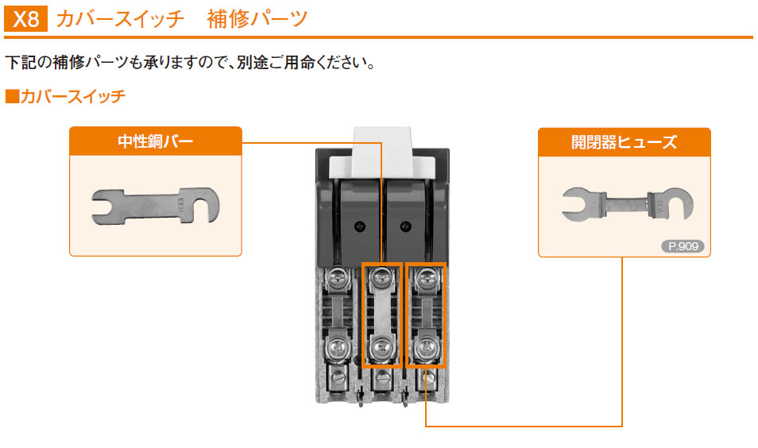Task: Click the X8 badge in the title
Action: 26,19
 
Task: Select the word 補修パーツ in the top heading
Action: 257,19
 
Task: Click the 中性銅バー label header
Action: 156,142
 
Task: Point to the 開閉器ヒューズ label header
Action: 624,142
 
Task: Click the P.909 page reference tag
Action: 683,246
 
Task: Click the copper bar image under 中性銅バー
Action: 155,206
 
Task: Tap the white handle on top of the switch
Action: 381,151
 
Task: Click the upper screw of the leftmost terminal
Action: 338,277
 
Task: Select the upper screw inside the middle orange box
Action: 383,277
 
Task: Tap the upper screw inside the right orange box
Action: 427,277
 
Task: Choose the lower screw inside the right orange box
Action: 427,346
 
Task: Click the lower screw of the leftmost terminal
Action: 338,346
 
